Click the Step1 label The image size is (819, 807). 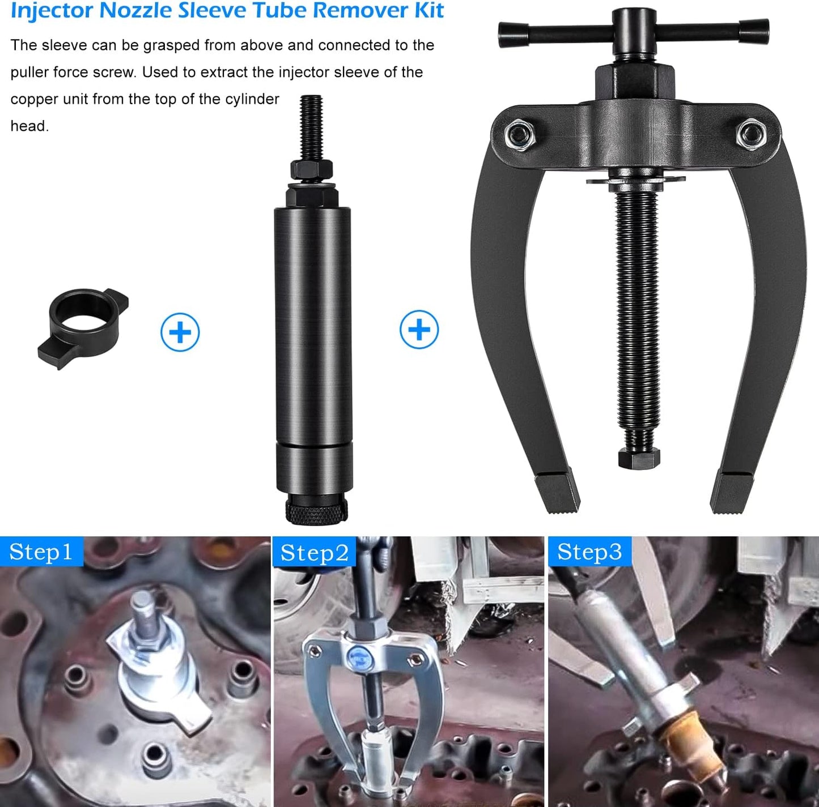41,552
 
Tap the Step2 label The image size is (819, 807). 315,553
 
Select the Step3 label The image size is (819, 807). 589,552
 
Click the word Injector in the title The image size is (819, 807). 52,10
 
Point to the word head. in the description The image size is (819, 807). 29,126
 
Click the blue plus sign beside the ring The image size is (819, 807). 180,332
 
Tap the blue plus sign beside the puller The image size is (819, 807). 419,329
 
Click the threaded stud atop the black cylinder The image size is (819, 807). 311,128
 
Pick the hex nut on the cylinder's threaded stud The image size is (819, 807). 311,169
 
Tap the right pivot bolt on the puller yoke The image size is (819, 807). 751,134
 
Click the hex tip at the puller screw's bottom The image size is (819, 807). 639,459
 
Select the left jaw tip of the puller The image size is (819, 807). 557,492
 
